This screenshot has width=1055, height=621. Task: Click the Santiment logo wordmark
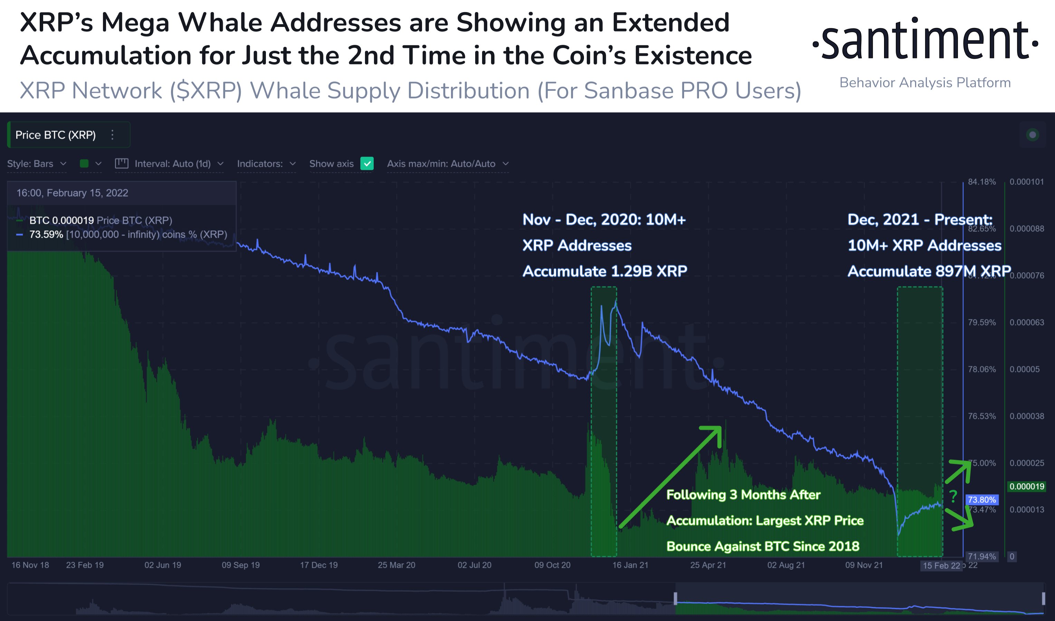[x=925, y=40]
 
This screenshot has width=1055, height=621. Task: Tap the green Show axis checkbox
[x=367, y=164]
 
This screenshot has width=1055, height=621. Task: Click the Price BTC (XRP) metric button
[x=56, y=135]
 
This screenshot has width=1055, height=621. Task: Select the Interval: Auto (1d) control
[x=172, y=164]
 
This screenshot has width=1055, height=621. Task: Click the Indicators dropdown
[x=266, y=164]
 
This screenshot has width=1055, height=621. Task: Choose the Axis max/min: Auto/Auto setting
[x=447, y=164]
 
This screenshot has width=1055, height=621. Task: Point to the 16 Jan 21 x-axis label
[x=630, y=565]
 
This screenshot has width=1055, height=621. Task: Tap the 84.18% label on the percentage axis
[x=981, y=182]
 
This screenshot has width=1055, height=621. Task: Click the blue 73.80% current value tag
[x=981, y=499]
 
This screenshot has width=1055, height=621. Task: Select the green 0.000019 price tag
[x=1027, y=486]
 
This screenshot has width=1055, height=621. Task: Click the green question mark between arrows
[x=953, y=496]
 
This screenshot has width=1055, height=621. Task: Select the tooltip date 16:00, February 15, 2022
[x=72, y=193]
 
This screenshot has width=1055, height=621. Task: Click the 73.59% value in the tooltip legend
[x=46, y=235]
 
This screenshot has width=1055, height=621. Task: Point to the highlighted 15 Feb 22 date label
[x=941, y=566]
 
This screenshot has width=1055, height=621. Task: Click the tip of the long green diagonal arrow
[x=720, y=428]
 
